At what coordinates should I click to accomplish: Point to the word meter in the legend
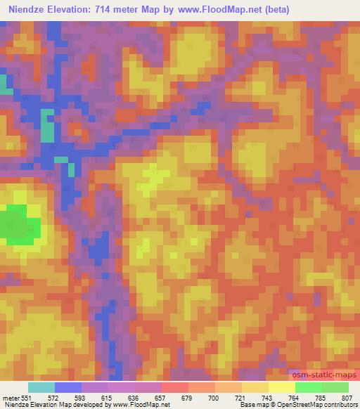click(x=10, y=397)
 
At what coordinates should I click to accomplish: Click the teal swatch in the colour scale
click(x=41, y=387)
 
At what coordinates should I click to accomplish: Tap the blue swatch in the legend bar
click(x=68, y=387)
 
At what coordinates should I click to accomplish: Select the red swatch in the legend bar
click(x=175, y=387)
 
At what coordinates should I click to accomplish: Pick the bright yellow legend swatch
click(x=281, y=387)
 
